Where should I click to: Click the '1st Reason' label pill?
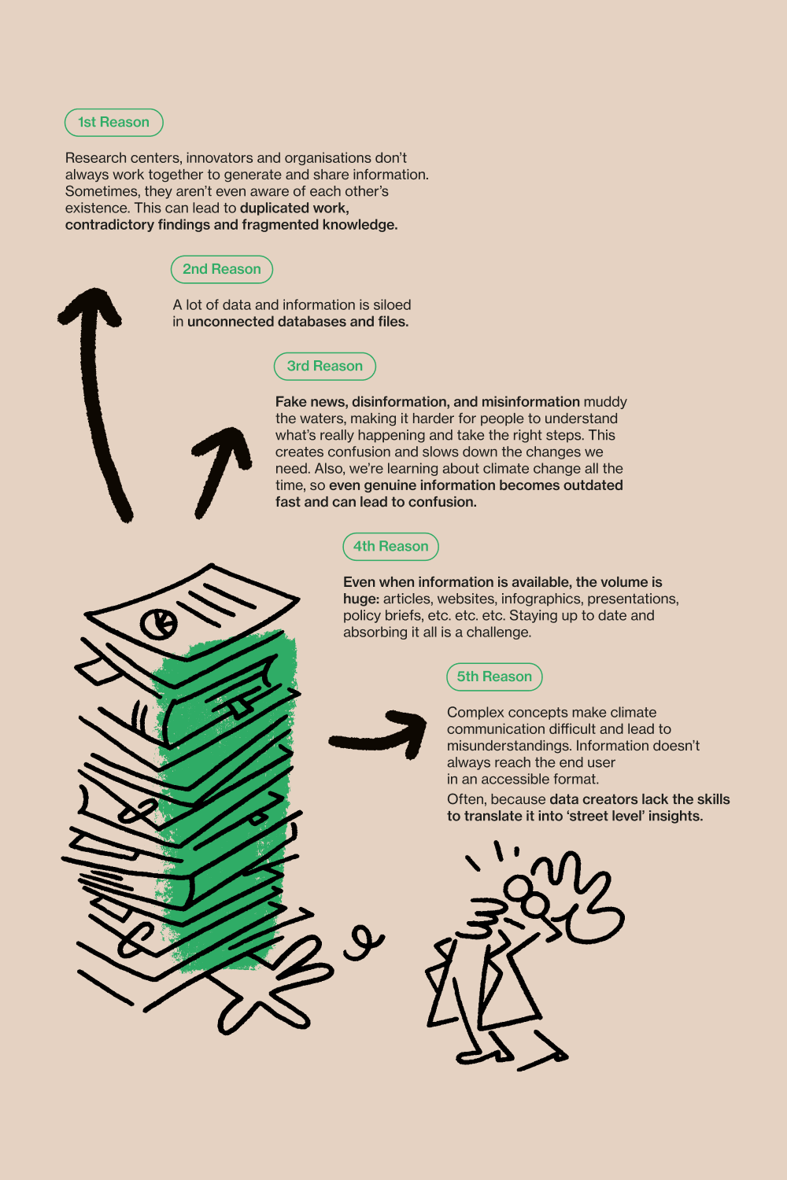click(x=114, y=123)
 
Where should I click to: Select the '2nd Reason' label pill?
click(x=222, y=270)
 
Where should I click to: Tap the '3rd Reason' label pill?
click(x=325, y=367)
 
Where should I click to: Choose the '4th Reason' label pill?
click(x=390, y=547)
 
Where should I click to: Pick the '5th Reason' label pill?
click(x=494, y=677)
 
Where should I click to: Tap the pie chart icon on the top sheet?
click(x=159, y=624)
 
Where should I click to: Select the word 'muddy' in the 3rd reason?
click(x=605, y=403)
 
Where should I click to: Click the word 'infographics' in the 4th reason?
click(x=542, y=599)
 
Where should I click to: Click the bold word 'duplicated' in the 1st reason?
click(x=274, y=208)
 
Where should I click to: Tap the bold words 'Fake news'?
click(x=311, y=402)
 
